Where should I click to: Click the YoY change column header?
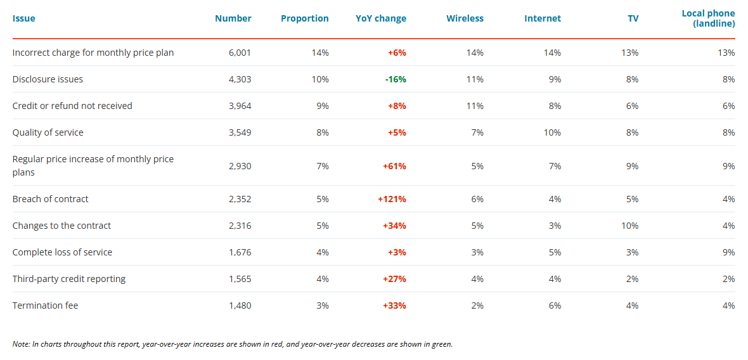380,18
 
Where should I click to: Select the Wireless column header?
465,18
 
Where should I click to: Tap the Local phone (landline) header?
708,18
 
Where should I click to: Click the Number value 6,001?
240,53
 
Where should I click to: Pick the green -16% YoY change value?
395,79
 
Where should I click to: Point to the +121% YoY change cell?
392,199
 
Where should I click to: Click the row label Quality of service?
48,132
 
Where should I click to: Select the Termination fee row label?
46,305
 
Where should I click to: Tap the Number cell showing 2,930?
240,166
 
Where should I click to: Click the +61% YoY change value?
394,166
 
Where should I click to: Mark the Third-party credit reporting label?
69,279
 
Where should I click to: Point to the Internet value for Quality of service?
552,132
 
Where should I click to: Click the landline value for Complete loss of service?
729,252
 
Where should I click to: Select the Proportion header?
304,18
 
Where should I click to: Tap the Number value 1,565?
240,279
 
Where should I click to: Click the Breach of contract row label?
51,199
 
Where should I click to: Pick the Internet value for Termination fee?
555,305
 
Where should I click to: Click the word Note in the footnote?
21,344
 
